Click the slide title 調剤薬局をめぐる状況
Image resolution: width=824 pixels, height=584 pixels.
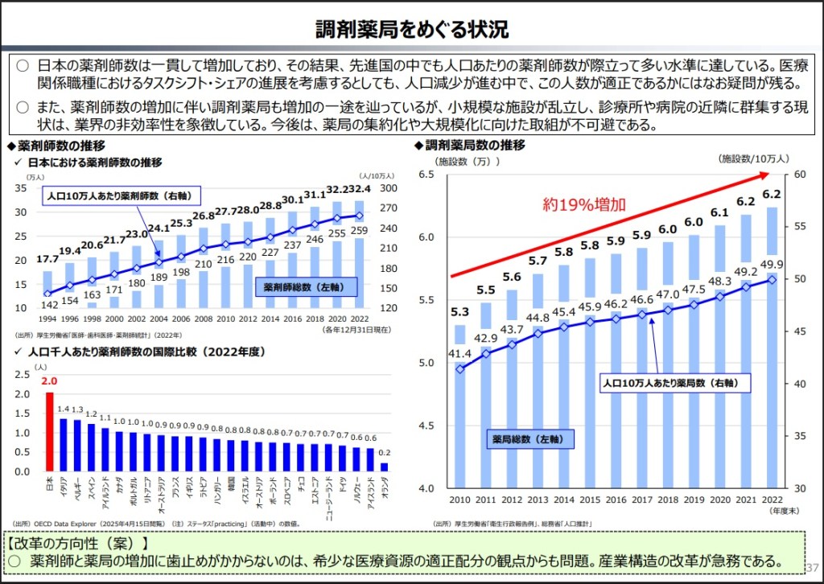[411, 30]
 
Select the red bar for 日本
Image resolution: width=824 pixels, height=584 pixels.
[49, 431]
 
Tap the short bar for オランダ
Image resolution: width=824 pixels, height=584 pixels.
[384, 466]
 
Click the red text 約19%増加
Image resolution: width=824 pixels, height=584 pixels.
[583, 205]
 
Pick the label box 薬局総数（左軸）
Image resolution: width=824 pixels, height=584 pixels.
[529, 439]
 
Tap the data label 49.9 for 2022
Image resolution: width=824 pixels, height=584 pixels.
[772, 265]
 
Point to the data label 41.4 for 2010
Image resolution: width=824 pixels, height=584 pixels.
[459, 352]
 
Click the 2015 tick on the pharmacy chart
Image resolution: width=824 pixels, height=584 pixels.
[591, 500]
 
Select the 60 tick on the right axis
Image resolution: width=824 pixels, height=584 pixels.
[800, 175]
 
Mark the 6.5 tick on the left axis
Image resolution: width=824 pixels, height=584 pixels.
[426, 175]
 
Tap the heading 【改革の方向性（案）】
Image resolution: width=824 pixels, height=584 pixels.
[78, 542]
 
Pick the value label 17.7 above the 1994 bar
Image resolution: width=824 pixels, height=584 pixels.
[47, 259]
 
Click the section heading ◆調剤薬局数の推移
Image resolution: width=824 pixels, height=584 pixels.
[469, 146]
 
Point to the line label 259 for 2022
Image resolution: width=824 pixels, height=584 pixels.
[360, 232]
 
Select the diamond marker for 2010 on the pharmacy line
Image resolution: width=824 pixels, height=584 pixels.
[459, 369]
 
